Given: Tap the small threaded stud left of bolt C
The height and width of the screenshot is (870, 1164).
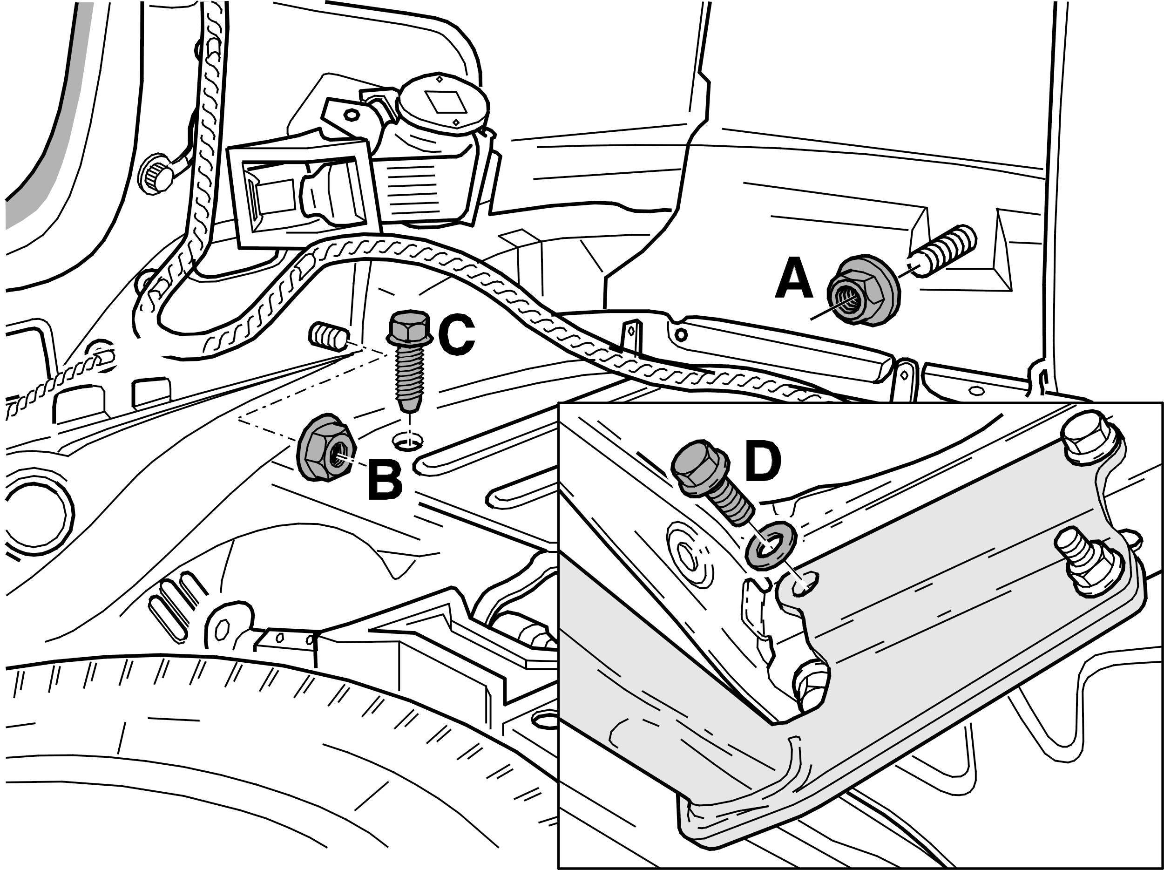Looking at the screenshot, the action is click(x=328, y=336).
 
